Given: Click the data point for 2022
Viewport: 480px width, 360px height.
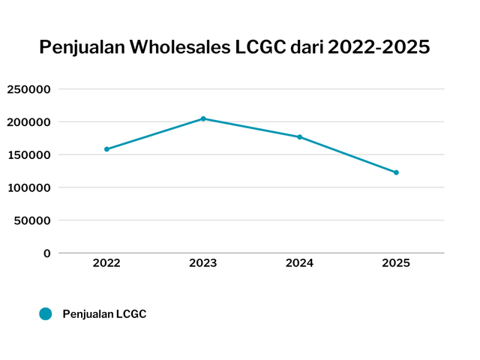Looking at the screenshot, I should coord(106,149).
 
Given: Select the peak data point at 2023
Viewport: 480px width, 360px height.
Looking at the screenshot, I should coord(203,118).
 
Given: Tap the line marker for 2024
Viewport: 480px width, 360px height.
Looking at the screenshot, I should coord(299,137).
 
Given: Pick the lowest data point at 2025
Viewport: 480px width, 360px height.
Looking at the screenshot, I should coord(396,172).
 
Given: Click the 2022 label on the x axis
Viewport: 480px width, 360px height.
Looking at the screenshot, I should coord(106,263).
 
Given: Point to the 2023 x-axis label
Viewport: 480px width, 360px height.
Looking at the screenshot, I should coord(203,263).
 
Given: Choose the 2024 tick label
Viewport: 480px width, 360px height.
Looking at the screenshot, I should coord(299,263).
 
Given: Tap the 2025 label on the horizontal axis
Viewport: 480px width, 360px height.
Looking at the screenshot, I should coord(396,263).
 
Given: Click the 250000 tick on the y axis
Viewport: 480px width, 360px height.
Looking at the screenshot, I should coord(28,89).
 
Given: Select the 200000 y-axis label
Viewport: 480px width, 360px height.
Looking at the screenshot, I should coord(28,122).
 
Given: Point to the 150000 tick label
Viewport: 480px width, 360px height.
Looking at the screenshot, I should coord(28,155).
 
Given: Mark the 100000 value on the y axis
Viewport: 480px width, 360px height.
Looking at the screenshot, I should coord(28,187).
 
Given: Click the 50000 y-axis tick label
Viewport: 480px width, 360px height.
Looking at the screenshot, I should coord(32,220).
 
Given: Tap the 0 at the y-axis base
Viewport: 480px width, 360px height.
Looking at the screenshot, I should coord(46,253).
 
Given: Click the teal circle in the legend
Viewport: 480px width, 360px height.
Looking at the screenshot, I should coord(46,314).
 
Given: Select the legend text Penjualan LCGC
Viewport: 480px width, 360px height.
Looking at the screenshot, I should coord(104,314).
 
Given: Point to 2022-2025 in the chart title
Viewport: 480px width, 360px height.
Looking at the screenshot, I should coord(379,47).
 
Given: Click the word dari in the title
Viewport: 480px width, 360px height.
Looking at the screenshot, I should coord(307,47).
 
